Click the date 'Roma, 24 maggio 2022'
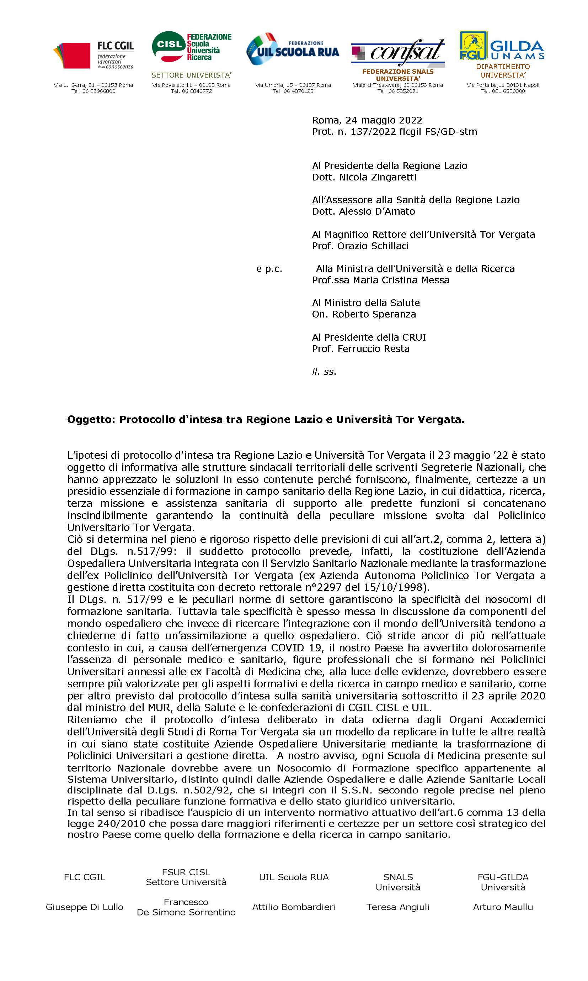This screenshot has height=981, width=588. click(367, 120)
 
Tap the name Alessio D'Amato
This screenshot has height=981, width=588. click(377, 211)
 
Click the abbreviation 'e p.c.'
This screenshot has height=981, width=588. click(269, 269)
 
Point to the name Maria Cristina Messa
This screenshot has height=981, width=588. click(401, 280)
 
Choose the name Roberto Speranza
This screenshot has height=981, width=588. click(374, 315)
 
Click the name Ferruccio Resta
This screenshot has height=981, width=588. click(373, 349)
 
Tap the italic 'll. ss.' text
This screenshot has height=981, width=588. click(324, 372)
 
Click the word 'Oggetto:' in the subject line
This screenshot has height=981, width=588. click(91, 419)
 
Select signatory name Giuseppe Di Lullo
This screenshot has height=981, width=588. click(84, 907)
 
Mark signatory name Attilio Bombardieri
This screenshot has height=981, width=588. click(294, 907)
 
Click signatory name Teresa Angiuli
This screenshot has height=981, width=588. click(398, 907)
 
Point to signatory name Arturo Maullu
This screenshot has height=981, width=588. click(503, 907)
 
